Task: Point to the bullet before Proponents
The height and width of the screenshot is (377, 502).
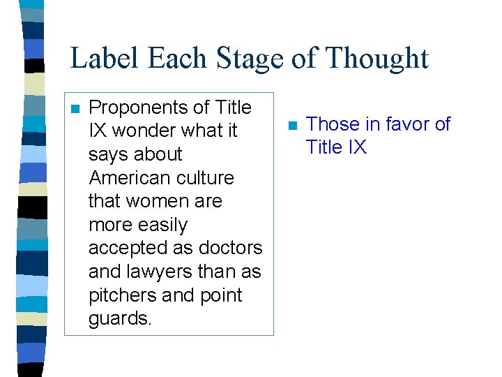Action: point(75,109)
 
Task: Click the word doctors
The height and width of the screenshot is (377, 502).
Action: point(231,249)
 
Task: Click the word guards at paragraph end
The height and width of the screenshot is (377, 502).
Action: point(120,319)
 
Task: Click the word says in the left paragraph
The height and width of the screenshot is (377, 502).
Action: point(109,154)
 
